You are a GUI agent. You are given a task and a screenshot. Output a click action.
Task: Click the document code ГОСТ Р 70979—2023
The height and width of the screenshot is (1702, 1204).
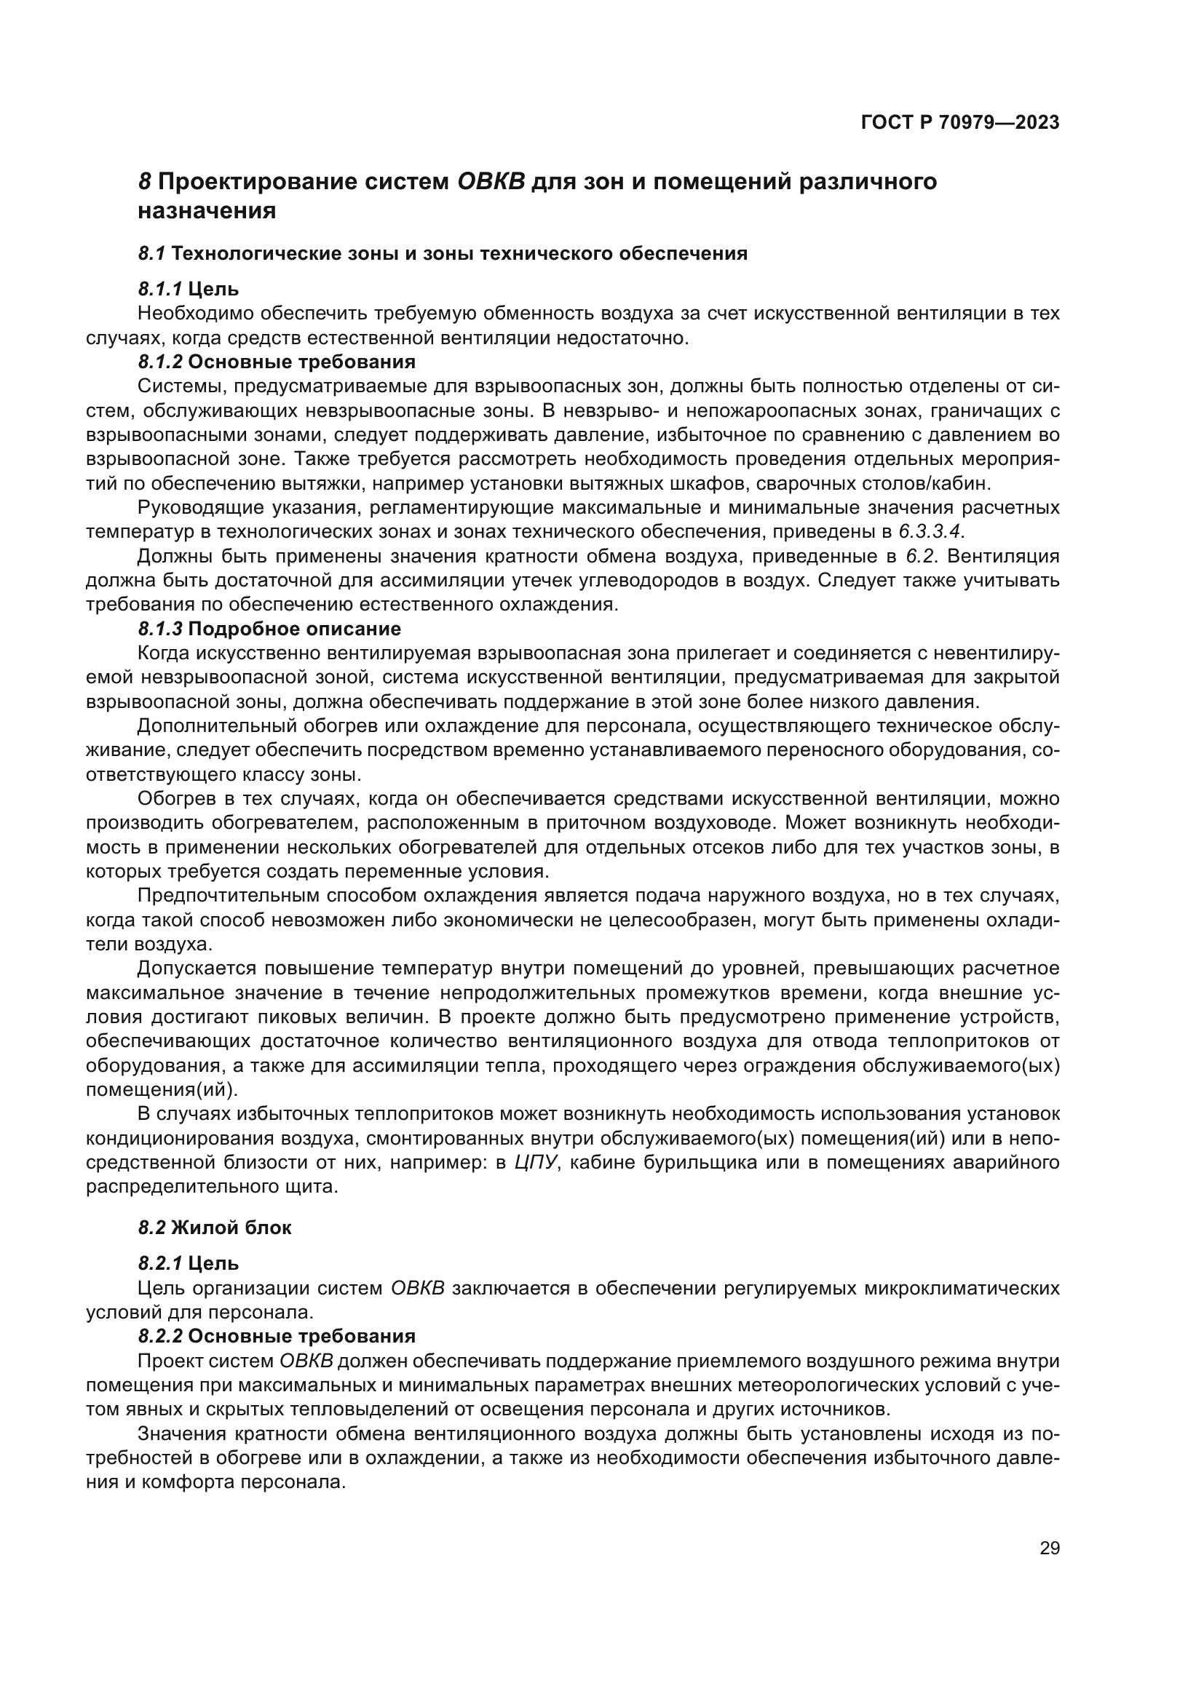[959, 123]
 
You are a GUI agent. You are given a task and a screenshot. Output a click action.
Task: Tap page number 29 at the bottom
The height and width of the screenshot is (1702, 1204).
[1049, 1548]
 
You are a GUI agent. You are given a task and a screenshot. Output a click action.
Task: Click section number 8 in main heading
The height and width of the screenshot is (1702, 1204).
[145, 182]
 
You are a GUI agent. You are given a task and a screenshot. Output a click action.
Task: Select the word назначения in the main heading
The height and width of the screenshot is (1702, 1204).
[207, 211]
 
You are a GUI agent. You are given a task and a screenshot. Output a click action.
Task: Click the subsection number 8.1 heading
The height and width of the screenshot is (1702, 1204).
[151, 253]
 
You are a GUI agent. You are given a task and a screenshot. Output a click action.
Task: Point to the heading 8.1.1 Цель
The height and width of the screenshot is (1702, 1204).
[189, 288]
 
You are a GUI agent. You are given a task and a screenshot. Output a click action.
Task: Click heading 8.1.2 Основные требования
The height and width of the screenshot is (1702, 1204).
[277, 362]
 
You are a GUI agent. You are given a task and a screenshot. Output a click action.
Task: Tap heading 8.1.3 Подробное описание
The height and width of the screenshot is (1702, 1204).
[269, 629]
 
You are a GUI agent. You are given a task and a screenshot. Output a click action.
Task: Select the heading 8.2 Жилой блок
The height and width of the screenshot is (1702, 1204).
[215, 1228]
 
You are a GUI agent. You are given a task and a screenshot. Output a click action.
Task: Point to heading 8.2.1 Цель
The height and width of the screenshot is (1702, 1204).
[189, 1263]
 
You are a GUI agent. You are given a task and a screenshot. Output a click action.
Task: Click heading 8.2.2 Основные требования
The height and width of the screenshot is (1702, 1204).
[277, 1337]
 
